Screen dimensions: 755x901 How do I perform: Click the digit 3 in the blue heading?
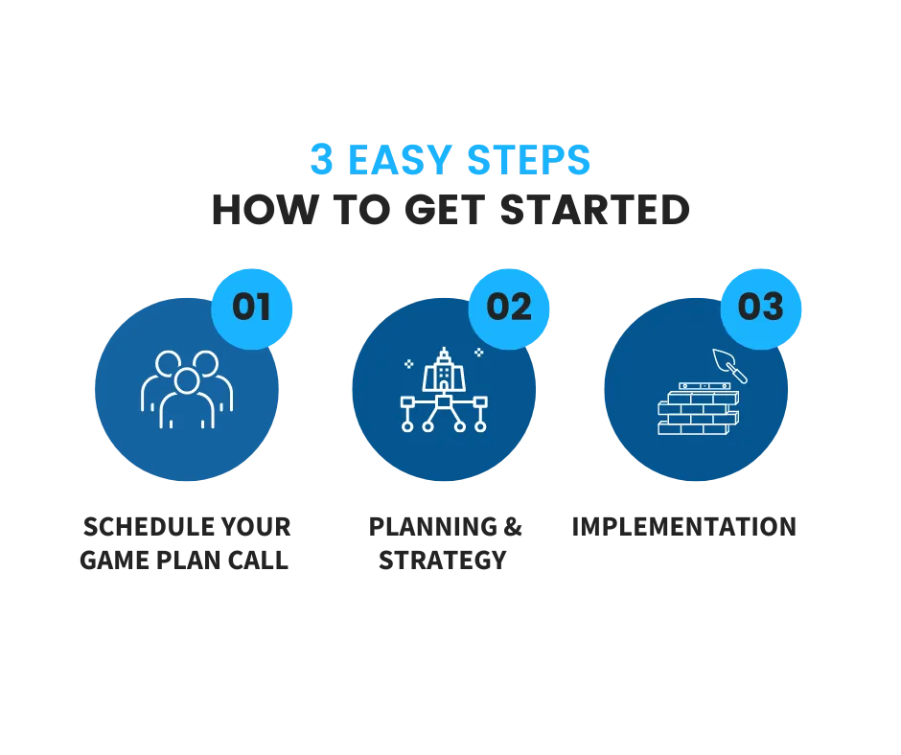coord(322,159)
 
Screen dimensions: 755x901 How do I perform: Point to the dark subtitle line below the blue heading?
coord(449,211)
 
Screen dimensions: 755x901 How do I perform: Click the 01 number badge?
coord(251,308)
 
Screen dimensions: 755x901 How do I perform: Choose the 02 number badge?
coord(509,308)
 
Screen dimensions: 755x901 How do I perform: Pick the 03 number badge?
coord(761,308)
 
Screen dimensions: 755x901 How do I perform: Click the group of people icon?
coord(187,389)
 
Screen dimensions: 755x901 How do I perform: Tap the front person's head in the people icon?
coord(187,381)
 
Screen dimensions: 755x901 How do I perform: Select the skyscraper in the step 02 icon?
coord(444,370)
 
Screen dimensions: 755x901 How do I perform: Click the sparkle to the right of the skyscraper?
coord(478,353)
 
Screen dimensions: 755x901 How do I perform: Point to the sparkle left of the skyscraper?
coord(409,364)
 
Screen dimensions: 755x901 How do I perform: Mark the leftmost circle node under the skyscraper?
coord(407,426)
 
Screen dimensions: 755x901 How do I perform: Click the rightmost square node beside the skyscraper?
coord(480,401)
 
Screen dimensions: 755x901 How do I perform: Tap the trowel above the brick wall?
coord(729,365)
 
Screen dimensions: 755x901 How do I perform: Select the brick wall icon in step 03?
coord(698,412)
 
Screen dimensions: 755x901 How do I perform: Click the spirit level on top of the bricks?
coord(705,386)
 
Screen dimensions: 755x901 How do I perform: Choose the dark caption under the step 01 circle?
coord(184,543)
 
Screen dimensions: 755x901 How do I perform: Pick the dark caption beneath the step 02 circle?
coord(447,543)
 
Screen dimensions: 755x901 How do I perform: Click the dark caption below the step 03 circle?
coord(682,526)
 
